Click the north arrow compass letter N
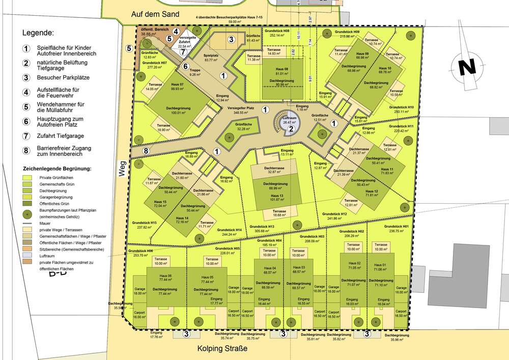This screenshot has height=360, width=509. [x=466, y=67]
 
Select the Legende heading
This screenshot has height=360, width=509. [x=38, y=33]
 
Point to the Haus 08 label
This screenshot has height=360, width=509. [x=275, y=69]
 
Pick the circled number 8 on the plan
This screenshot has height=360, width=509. [x=146, y=151]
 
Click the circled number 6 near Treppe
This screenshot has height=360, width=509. [x=186, y=66]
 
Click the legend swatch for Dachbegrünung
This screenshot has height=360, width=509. [x=30, y=191]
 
